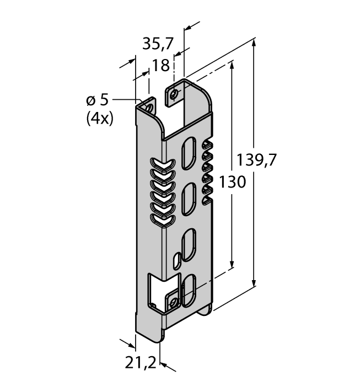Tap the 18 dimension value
click(x=160, y=66)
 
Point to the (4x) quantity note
click(x=99, y=117)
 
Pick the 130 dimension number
click(x=232, y=181)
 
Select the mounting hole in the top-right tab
click(x=175, y=94)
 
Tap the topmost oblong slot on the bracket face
click(x=189, y=151)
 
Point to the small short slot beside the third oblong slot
click(x=176, y=260)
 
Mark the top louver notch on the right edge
click(x=208, y=146)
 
